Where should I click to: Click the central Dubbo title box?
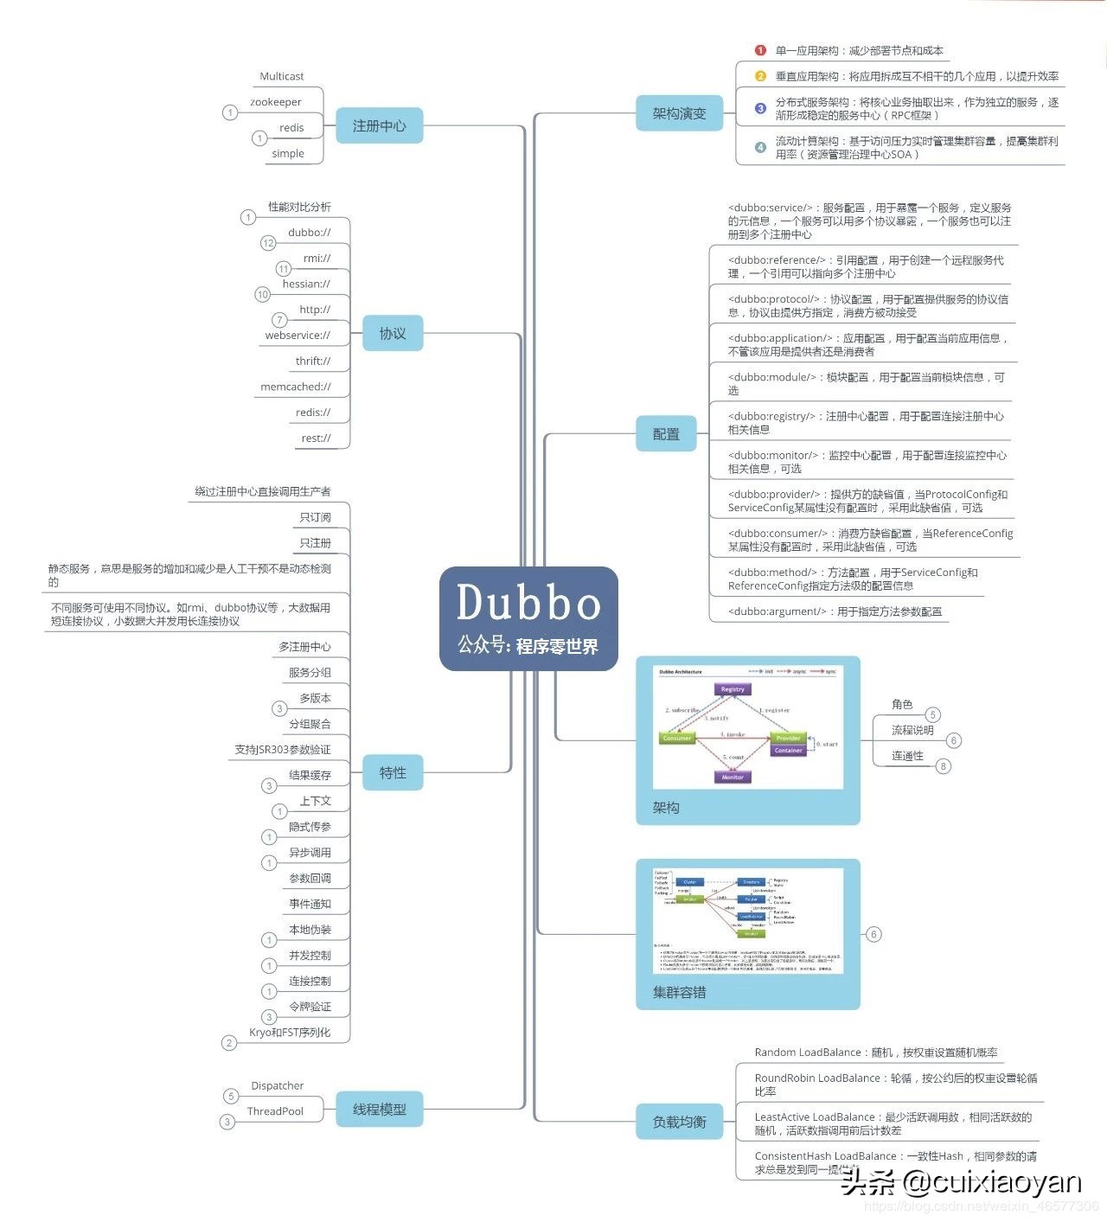(x=528, y=618)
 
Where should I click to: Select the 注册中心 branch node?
(x=379, y=126)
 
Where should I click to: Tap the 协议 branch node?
(x=392, y=334)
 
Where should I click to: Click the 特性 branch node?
(x=392, y=773)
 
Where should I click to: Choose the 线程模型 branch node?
(x=379, y=1110)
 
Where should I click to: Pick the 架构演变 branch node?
(x=679, y=114)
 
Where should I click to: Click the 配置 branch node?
(x=666, y=434)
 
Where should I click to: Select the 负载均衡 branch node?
(x=679, y=1122)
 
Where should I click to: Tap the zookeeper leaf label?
(x=276, y=102)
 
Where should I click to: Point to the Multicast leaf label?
(x=282, y=76)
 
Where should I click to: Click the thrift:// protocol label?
(x=313, y=361)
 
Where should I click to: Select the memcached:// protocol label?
(x=296, y=387)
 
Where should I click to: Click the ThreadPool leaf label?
(x=275, y=1111)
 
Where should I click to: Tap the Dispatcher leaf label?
(x=278, y=1085)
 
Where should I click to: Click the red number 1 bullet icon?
(x=760, y=51)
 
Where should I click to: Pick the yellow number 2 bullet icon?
(x=760, y=76)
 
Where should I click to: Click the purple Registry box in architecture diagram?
(x=733, y=689)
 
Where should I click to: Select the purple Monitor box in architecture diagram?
(x=733, y=777)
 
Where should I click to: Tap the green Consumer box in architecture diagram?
(x=677, y=739)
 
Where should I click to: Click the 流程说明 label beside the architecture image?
(x=912, y=731)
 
